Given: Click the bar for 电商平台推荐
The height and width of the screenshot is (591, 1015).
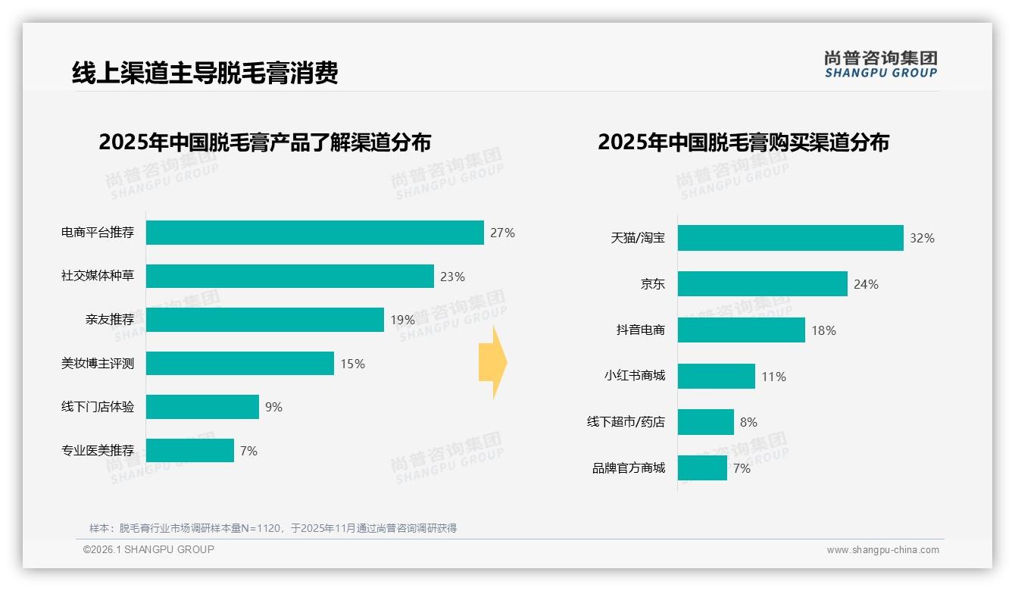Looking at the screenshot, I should [x=314, y=233].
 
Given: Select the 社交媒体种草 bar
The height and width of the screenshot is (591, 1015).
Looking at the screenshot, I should [x=289, y=277].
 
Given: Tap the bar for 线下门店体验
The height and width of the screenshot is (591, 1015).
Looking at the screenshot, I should [x=202, y=407].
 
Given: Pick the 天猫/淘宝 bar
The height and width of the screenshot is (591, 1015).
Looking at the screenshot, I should [x=790, y=238].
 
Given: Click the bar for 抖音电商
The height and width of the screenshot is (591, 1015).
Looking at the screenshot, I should [x=741, y=330].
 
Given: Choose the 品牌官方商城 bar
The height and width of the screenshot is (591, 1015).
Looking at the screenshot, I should [x=702, y=468].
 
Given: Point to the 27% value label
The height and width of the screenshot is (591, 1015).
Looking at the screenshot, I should [x=502, y=233].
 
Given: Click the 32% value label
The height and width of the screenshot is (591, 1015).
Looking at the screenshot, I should [x=922, y=238].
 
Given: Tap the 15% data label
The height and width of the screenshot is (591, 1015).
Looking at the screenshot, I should [x=352, y=364].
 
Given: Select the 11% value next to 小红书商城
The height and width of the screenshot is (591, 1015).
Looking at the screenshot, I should [x=773, y=377].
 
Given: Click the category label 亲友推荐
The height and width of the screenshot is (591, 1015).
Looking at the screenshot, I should [x=110, y=320].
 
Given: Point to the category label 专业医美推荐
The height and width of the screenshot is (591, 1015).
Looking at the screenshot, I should [x=98, y=451].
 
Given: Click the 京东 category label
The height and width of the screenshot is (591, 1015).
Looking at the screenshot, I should [x=652, y=284].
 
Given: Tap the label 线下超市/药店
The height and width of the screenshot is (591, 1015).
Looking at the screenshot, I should [x=626, y=422].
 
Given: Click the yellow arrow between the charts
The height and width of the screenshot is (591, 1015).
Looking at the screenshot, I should [x=493, y=362].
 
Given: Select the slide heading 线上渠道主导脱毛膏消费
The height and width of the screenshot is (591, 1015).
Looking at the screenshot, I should [x=205, y=73].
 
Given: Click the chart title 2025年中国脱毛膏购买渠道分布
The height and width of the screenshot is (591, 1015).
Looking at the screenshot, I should [x=743, y=142].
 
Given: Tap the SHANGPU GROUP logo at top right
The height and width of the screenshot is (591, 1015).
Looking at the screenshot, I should [x=880, y=64].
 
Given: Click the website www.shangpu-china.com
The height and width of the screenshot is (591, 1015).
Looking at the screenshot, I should [x=882, y=550].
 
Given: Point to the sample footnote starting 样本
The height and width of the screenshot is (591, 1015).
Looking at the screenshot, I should [x=273, y=528].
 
